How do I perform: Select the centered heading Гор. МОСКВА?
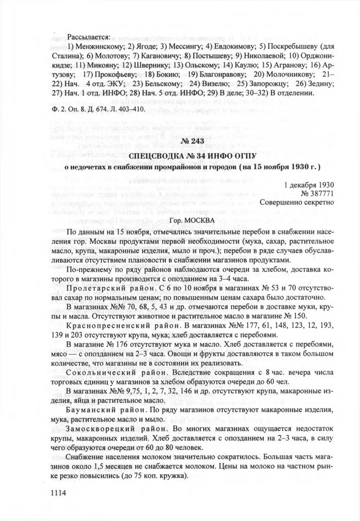(177, 220)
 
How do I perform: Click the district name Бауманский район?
(101, 410)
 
